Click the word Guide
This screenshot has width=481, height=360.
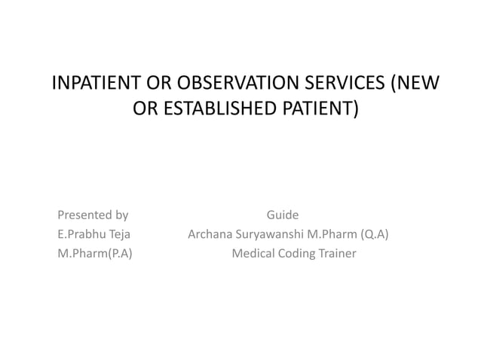click(x=283, y=215)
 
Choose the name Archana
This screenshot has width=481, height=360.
click(x=210, y=234)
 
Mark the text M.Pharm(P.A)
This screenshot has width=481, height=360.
click(x=95, y=254)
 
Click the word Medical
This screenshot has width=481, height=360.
click(x=253, y=254)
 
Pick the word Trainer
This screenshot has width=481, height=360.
click(x=337, y=254)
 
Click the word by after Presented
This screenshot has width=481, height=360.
click(x=121, y=215)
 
